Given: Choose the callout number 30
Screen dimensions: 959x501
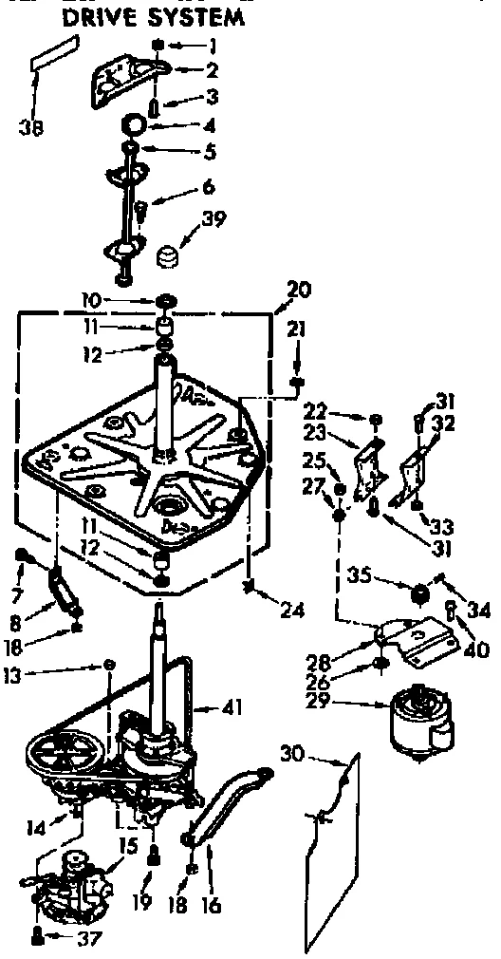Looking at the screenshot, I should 297,755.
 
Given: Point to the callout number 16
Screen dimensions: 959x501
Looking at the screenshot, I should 211,906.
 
